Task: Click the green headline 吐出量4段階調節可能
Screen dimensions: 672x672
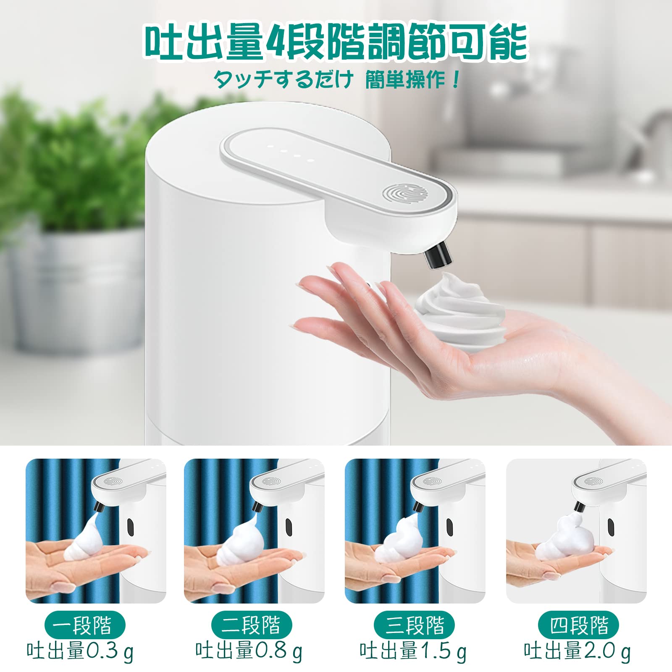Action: coord(336,43)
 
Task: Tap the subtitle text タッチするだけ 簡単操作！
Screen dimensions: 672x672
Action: coord(336,79)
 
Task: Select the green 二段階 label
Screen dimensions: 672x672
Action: coord(251,625)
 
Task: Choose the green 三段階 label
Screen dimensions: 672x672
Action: coord(415,625)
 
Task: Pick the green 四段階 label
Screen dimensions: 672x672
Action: coord(579,625)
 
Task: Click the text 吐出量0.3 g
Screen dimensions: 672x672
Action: coord(80,651)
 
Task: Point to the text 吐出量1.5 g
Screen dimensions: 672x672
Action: coord(413,651)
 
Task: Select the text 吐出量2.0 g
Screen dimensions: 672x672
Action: coord(577,651)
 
